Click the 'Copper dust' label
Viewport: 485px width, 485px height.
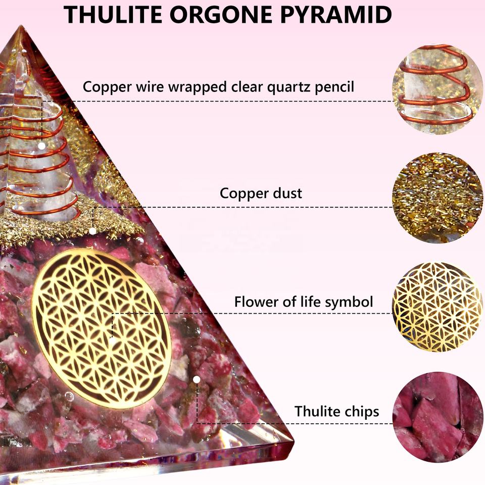pyautogui.click(x=261, y=193)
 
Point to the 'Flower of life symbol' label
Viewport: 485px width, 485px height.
pyautogui.click(x=303, y=302)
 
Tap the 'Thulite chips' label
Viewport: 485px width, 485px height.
pyautogui.click(x=336, y=411)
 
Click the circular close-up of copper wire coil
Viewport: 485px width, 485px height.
pyautogui.click(x=438, y=89)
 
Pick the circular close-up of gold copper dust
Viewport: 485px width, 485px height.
pyautogui.click(x=438, y=198)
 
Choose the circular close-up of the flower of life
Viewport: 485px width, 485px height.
pyautogui.click(x=438, y=307)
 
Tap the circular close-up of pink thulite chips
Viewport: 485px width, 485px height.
pyautogui.click(x=438, y=415)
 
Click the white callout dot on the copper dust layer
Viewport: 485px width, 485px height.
pyautogui.click(x=93, y=231)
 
